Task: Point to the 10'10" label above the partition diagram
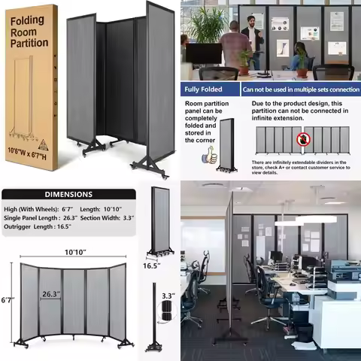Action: (x=73, y=253)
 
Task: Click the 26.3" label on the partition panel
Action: (x=50, y=294)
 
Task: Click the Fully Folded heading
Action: (x=206, y=89)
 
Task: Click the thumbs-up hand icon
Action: (x=211, y=156)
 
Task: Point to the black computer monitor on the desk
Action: (x=203, y=53)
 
